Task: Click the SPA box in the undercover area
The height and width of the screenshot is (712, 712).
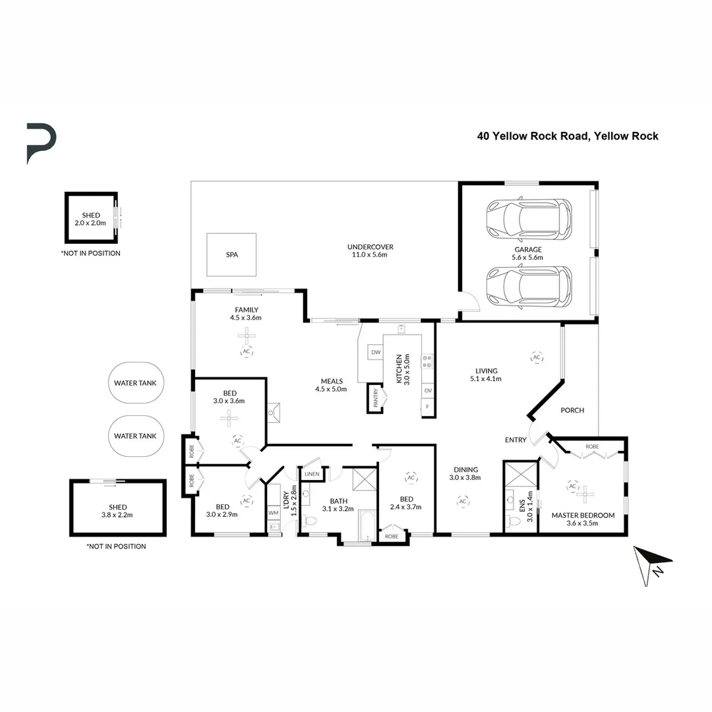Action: [231, 254]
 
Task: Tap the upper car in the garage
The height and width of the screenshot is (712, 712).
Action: [529, 220]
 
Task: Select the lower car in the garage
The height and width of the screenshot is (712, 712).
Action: [529, 287]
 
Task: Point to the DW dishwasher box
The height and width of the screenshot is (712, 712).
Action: [376, 352]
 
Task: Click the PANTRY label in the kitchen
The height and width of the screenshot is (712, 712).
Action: [376, 398]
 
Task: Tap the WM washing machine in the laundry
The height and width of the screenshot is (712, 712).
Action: [274, 513]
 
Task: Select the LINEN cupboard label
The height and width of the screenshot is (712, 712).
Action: [312, 473]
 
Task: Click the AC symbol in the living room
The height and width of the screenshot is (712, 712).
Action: [537, 357]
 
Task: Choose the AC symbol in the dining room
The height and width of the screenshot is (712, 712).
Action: [463, 501]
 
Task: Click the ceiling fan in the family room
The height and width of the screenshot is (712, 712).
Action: [247, 336]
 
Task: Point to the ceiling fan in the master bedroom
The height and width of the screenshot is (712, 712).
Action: [585, 494]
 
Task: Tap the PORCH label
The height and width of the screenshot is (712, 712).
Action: [572, 410]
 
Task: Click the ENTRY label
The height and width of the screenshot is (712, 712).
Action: [516, 440]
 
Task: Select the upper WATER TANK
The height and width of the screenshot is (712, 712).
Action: [136, 383]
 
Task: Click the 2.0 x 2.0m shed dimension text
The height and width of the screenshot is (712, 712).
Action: [90, 223]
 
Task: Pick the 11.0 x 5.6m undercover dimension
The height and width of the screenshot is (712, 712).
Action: [370, 254]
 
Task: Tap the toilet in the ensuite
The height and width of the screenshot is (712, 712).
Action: [514, 520]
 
